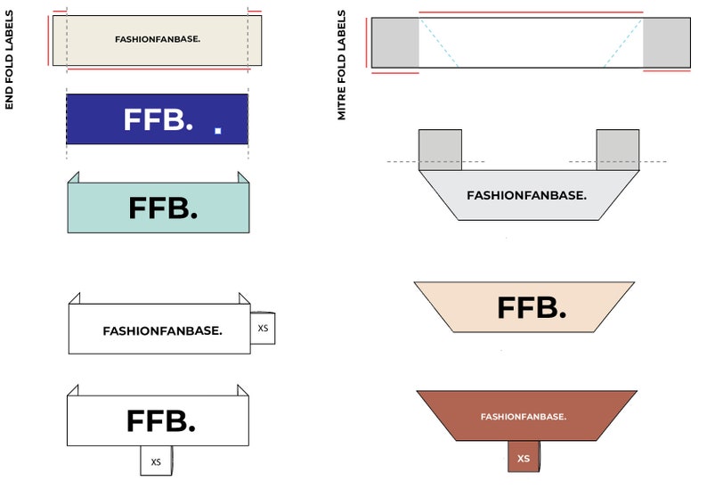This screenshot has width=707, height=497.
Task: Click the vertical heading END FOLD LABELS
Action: click(x=9, y=60)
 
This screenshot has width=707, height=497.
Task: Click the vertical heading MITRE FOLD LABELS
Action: click(x=341, y=65)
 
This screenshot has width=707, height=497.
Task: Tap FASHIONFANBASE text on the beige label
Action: click(x=158, y=39)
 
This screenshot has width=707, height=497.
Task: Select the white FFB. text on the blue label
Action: click(x=158, y=119)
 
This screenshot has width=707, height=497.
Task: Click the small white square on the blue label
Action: click(x=218, y=130)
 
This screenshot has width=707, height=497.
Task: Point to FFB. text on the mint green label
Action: click(x=163, y=208)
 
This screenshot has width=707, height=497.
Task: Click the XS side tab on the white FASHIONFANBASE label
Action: click(x=263, y=328)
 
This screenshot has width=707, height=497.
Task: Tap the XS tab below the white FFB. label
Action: click(x=156, y=460)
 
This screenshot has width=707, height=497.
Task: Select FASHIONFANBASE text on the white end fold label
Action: click(x=162, y=331)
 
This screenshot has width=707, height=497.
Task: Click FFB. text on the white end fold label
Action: click(x=161, y=420)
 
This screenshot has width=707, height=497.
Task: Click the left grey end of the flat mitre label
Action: click(x=395, y=43)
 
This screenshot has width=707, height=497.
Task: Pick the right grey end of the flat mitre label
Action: click(x=666, y=43)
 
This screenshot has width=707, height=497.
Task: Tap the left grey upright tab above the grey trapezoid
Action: click(x=440, y=150)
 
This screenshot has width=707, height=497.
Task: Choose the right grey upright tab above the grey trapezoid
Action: click(x=618, y=150)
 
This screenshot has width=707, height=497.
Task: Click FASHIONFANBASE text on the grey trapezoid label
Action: click(x=526, y=195)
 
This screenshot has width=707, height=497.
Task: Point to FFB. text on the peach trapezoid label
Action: click(x=532, y=307)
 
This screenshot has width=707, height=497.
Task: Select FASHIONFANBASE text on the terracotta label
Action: click(x=524, y=417)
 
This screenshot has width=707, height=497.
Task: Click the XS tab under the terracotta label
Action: click(x=524, y=457)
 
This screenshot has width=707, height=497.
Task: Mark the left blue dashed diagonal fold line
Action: click(x=439, y=43)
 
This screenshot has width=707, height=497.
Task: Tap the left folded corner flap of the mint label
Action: click(x=74, y=178)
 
